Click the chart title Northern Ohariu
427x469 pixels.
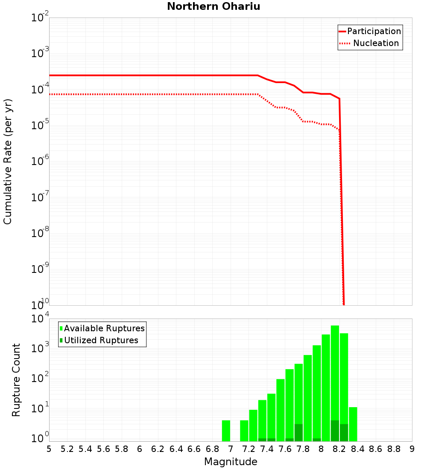pyautogui.click(x=213, y=6)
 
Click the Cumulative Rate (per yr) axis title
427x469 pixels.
pyautogui.click(x=8, y=161)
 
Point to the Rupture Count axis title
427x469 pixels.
pyautogui.click(x=16, y=379)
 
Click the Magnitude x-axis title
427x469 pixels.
pyautogui.click(x=231, y=461)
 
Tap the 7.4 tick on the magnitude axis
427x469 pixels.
pyautogui.click(x=267, y=449)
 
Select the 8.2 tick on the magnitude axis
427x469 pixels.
pyautogui.click(x=339, y=449)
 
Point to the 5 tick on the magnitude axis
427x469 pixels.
pyautogui.click(x=49, y=449)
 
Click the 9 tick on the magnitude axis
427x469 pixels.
pyautogui.click(x=412, y=449)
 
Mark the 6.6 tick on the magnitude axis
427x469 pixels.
pyautogui.click(x=194, y=449)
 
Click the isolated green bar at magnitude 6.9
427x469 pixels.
pyautogui.click(x=226, y=431)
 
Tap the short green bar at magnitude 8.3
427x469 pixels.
pyautogui.click(x=353, y=424)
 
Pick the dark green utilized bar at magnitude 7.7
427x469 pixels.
pyautogui.click(x=298, y=432)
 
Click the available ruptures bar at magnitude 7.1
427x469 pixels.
pyautogui.click(x=244, y=431)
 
